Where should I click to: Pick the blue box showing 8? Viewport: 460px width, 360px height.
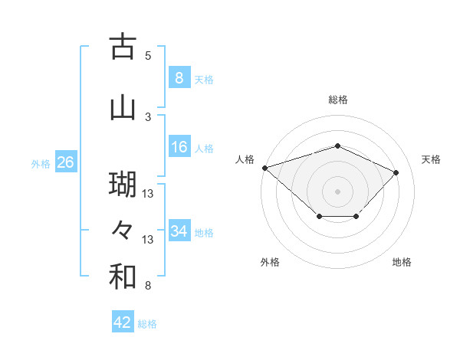179,78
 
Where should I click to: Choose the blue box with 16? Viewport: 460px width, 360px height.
179,147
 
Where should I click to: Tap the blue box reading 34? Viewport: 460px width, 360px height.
179,231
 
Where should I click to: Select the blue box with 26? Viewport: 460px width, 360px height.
65,162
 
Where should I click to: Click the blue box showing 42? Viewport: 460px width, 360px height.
122,322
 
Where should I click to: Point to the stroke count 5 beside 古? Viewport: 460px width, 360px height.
148,56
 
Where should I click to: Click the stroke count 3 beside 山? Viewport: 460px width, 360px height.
148,116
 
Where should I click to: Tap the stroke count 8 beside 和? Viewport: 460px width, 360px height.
148,286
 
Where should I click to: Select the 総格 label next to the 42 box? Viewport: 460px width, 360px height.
147,324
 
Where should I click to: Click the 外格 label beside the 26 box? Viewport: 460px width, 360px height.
41,164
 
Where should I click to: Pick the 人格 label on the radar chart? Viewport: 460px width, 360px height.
245,159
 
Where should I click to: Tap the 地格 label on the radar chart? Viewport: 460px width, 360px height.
402,262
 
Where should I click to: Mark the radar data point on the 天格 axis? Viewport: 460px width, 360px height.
396,172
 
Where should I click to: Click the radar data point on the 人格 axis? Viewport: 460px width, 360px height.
264,167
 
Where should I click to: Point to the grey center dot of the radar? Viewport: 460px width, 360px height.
337,191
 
